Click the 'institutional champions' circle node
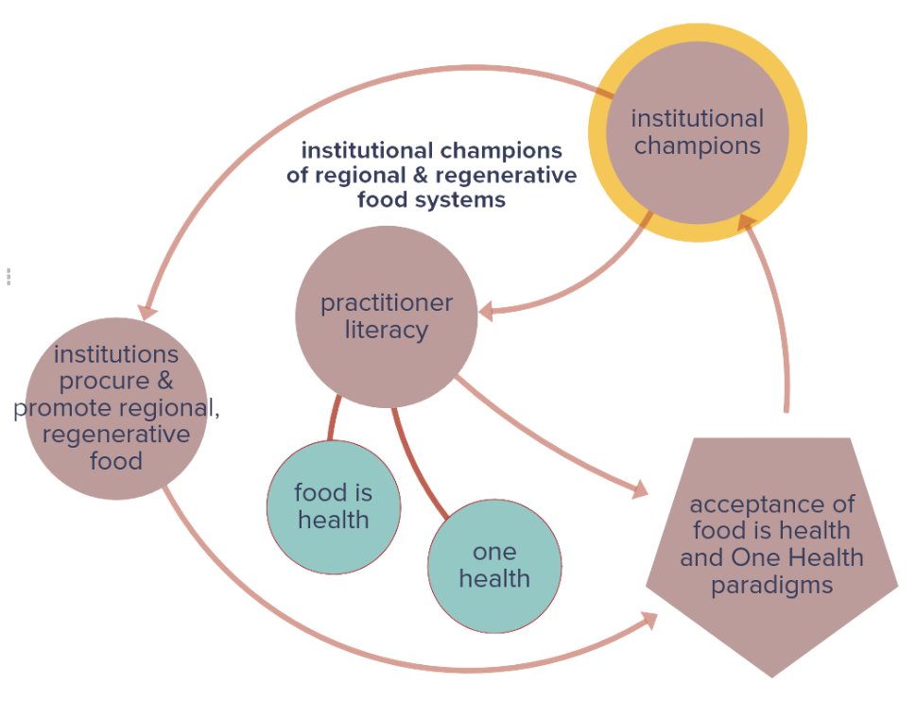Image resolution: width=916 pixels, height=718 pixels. click(x=697, y=132)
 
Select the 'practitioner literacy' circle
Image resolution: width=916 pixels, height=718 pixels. click(x=386, y=316)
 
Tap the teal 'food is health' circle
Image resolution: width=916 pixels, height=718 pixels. click(x=333, y=507)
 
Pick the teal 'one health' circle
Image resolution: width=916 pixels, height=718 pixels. click(x=494, y=566)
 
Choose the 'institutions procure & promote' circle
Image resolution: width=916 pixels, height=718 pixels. click(x=115, y=408)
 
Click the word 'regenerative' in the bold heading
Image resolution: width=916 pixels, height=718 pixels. click(x=519, y=176)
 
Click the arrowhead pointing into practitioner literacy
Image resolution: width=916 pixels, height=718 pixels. click(x=486, y=311)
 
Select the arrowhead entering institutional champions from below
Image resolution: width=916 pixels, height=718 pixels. click(x=747, y=222)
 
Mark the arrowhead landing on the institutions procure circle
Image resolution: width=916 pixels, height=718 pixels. click(x=147, y=311)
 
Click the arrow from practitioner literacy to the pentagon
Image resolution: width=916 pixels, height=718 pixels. click(x=548, y=436)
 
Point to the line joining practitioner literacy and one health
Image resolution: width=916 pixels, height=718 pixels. click(x=421, y=463)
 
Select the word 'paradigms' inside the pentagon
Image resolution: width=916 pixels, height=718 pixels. click(x=771, y=585)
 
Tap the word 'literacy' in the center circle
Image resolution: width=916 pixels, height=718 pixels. click(x=386, y=331)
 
